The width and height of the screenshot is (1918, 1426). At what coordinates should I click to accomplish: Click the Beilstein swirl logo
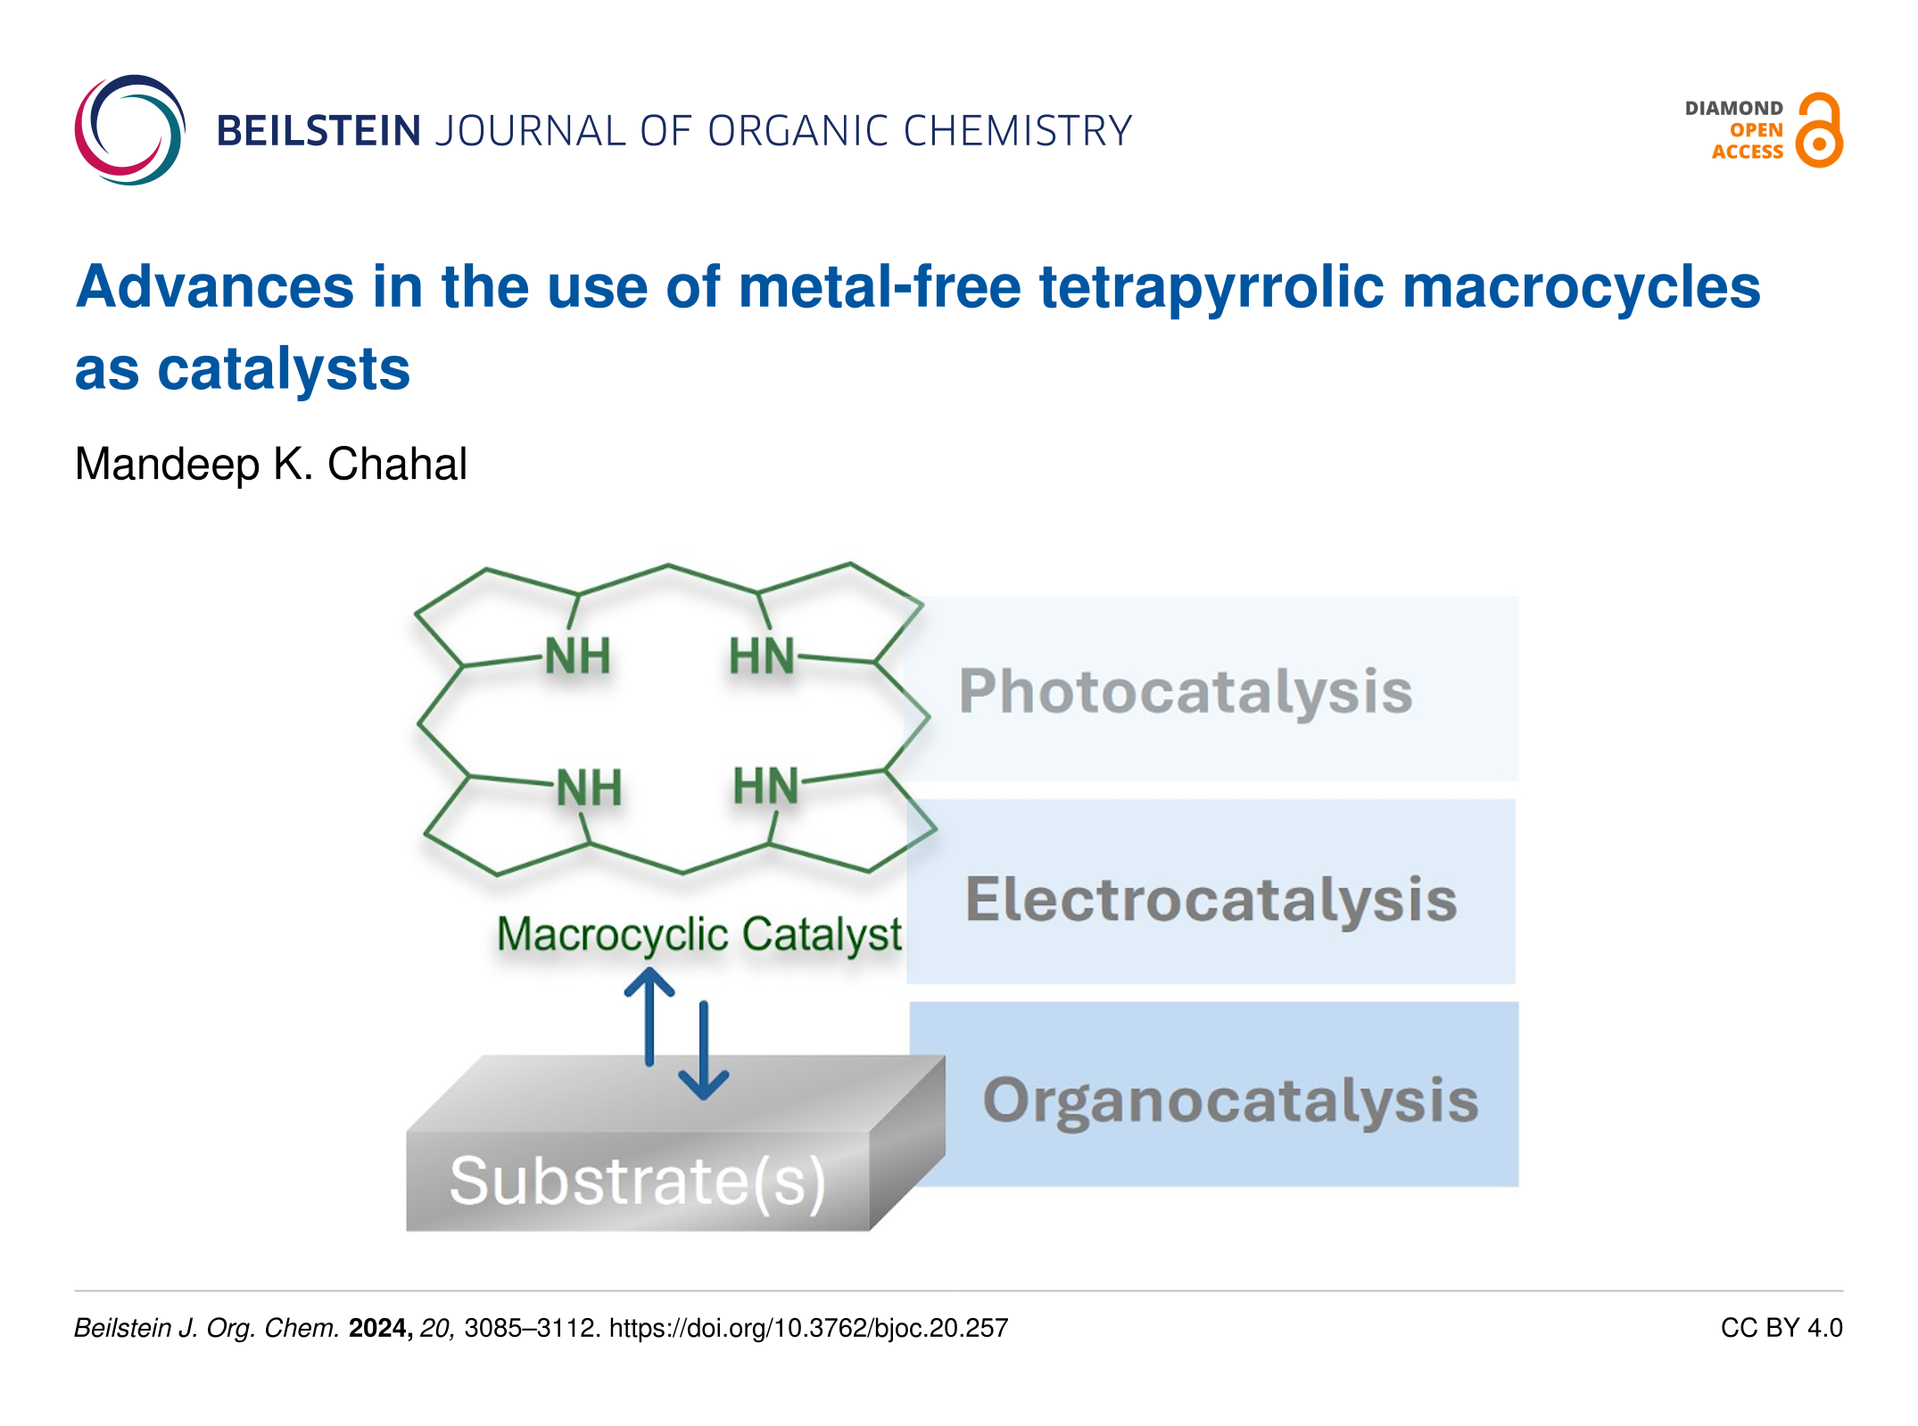[130, 130]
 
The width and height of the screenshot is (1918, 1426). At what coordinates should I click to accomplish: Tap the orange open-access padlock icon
[1819, 130]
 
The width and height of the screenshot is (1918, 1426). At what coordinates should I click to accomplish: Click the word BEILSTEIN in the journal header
[318, 131]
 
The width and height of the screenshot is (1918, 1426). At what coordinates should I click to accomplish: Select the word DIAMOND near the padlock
[1733, 108]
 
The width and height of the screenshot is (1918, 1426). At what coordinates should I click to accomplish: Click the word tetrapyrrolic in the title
[1211, 287]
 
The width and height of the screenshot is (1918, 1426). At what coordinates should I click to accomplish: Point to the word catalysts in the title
[284, 369]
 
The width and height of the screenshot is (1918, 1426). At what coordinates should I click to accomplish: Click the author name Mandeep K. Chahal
[270, 464]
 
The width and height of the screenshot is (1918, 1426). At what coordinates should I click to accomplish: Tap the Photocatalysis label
[1186, 692]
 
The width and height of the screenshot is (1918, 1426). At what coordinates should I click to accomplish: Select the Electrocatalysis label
[1211, 899]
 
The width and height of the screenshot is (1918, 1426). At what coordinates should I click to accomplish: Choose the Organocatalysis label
[1230, 1100]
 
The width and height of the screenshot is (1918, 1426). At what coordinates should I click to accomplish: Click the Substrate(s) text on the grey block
[637, 1181]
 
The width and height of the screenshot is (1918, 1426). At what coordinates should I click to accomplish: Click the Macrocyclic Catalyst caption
[699, 935]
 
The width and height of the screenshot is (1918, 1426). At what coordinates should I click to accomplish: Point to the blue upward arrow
[649, 1017]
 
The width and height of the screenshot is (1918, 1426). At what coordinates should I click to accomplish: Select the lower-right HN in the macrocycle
[765, 787]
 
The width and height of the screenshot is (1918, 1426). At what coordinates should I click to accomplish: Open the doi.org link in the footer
[808, 1328]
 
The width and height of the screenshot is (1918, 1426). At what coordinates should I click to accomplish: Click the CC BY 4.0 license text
[1781, 1328]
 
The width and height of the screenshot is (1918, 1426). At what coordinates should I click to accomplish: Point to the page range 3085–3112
[531, 1328]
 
